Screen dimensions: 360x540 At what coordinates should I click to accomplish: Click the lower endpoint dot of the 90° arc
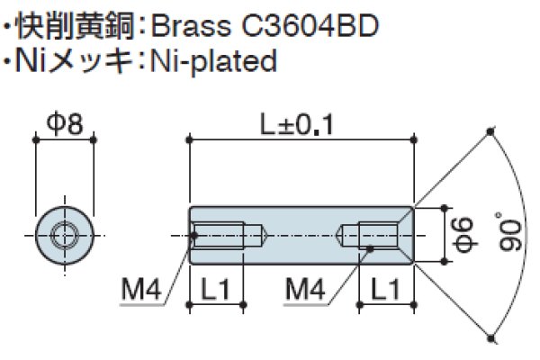point(490,339)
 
